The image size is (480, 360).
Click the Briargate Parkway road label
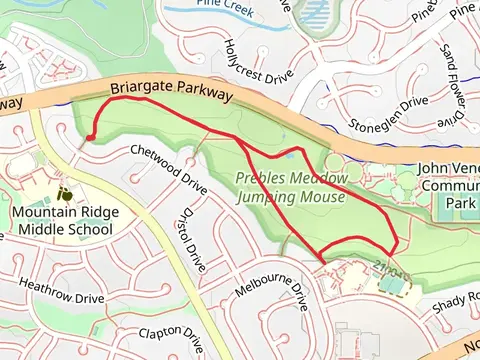pos(170,92)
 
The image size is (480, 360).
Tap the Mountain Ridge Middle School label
pos(62,221)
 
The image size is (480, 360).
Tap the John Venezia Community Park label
pos(450,186)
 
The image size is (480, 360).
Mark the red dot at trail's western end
pos(90,136)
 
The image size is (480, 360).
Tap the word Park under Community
pos(462,203)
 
